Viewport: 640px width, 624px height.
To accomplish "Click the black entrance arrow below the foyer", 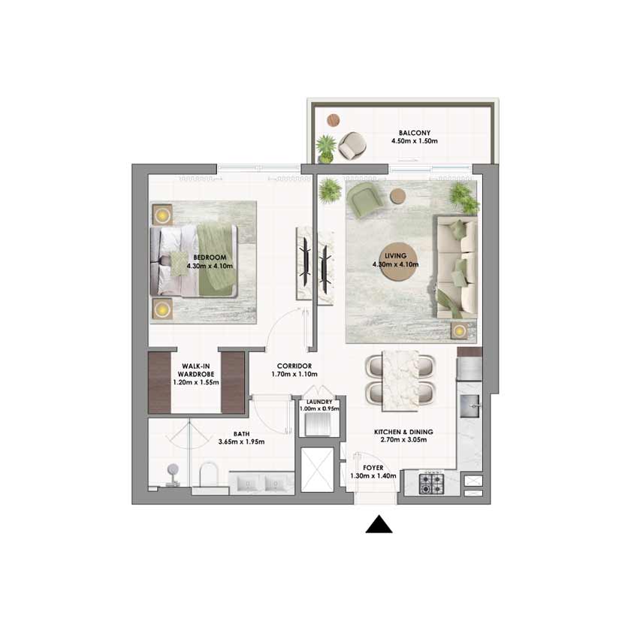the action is (379, 524).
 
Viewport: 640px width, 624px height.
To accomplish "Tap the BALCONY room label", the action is (415, 133).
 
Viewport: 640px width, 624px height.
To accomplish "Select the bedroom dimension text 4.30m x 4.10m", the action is (210, 266).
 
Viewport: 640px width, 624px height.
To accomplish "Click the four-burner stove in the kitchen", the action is (431, 483).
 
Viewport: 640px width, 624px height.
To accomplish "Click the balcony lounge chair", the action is (352, 145).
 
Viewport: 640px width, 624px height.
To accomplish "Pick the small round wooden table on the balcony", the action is (333, 120).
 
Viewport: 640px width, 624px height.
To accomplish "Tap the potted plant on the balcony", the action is (326, 149).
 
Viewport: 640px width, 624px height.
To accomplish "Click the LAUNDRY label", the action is (319, 402).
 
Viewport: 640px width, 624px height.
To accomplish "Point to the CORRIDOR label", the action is (294, 366).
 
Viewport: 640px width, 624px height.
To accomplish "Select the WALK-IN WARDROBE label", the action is (196, 370).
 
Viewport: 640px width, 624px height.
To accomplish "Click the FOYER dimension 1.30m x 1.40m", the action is (373, 476).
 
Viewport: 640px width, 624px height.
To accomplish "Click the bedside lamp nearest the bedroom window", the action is (162, 215).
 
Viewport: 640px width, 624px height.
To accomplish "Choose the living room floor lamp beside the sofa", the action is (460, 330).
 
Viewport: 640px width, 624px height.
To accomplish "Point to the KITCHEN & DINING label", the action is (403, 432).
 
